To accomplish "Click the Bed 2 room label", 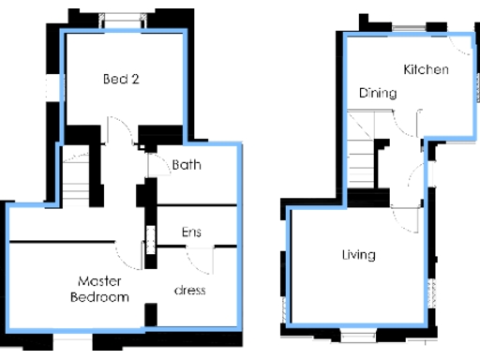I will (x=121, y=79).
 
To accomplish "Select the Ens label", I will (x=190, y=232).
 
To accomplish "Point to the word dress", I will (x=190, y=290).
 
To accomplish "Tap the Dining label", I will (x=377, y=93).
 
